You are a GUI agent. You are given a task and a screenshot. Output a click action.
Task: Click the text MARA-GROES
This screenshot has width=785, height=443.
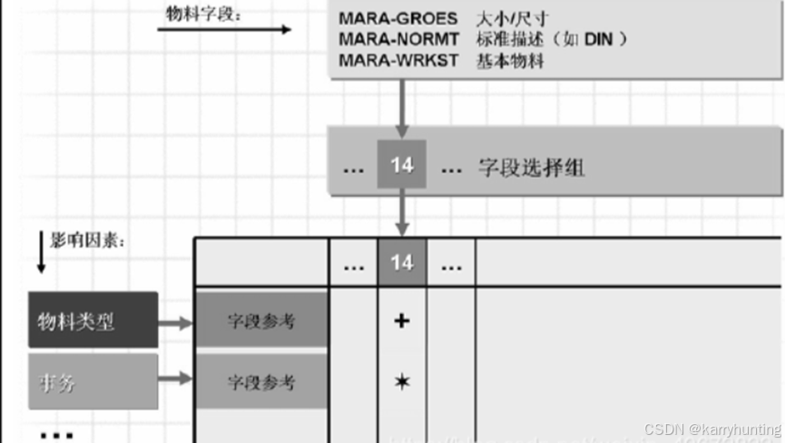point(398,18)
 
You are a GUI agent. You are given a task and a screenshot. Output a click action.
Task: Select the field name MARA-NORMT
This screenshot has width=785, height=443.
point(399,39)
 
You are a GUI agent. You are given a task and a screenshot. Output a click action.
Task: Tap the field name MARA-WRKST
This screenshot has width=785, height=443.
point(399,61)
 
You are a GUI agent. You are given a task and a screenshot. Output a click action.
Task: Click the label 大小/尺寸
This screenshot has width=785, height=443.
point(512,18)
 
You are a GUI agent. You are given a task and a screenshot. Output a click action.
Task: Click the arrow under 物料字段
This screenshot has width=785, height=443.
point(223,30)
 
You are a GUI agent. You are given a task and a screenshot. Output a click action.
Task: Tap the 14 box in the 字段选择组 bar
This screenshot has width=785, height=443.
point(402,165)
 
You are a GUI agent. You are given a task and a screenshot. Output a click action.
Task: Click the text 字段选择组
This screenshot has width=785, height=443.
point(531,167)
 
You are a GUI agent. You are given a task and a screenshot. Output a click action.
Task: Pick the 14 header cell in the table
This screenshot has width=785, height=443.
point(402,262)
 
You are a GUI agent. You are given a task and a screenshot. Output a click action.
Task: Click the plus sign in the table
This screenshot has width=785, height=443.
point(402,320)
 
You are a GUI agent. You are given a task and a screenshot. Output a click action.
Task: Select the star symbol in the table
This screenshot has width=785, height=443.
point(402,382)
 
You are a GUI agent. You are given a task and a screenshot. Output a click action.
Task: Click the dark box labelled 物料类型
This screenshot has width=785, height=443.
point(93,320)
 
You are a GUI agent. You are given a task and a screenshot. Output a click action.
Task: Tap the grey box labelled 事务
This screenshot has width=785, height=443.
point(93,382)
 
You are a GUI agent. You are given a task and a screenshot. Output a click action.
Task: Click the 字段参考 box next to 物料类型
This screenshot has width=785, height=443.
point(261,320)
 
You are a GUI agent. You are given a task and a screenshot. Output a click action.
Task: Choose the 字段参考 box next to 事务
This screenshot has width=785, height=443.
point(261,382)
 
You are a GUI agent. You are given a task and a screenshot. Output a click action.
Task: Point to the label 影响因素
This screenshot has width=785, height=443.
point(87,241)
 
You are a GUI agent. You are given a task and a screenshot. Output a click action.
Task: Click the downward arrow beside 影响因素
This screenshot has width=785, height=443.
point(40,253)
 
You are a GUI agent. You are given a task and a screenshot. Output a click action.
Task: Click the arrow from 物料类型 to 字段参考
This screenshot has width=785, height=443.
point(176,322)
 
